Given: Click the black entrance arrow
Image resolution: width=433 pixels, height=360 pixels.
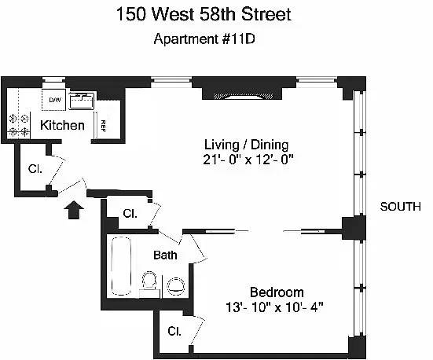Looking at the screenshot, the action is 74,210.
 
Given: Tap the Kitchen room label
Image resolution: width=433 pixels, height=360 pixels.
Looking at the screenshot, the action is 62,126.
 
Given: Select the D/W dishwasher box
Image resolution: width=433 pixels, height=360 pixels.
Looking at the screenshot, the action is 54,100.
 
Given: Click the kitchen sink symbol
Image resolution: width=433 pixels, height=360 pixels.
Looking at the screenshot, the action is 81,101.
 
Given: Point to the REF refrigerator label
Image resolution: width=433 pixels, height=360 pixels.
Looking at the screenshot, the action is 103,126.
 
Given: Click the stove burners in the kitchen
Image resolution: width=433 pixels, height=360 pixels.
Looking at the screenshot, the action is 19,126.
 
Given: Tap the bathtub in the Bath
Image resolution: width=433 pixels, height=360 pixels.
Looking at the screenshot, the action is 121,266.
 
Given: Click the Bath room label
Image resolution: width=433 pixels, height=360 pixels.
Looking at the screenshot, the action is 165,255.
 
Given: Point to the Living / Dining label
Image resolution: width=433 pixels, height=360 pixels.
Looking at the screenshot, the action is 246,145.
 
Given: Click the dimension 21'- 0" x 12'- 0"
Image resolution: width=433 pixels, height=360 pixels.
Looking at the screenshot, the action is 248,160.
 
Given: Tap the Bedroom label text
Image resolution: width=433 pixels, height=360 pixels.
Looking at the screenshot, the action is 277,292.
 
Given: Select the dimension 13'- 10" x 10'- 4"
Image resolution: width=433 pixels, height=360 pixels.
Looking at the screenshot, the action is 274,307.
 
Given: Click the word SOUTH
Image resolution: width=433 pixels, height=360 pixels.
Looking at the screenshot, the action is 401,207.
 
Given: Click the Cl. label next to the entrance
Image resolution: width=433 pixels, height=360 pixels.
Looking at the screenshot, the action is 35,169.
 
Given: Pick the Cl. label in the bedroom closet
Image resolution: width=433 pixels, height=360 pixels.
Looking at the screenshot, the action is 174,331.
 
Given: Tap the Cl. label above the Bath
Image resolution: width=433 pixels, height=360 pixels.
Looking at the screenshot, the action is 130,214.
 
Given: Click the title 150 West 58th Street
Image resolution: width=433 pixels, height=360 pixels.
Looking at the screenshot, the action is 204,14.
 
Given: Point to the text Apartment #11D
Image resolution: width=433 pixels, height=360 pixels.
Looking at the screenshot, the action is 204,39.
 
